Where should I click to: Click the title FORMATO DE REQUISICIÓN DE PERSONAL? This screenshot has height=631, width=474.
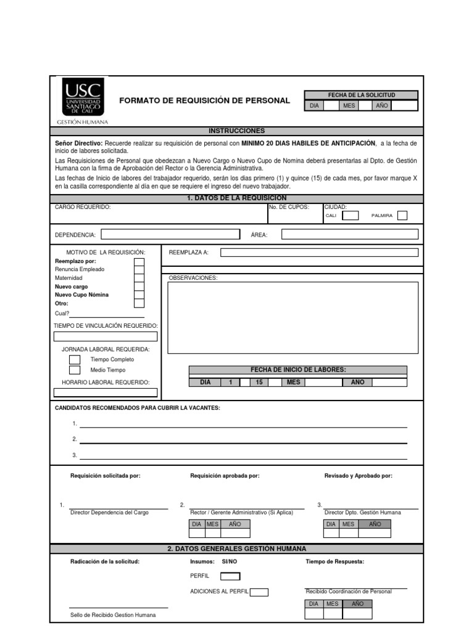pos(204,100)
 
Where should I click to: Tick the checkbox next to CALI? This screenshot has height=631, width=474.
pos(350,216)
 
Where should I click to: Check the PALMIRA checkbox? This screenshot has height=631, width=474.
pos(402,216)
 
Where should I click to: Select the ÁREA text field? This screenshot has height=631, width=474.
pos(349,234)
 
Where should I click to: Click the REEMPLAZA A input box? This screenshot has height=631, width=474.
pos(319,252)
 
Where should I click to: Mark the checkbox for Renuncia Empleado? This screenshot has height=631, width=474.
pos(139,270)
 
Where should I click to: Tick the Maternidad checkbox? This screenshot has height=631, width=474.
pos(139,278)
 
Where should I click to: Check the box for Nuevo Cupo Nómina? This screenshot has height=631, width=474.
pos(139,295)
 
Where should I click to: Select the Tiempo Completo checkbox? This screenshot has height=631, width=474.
pos(75,359)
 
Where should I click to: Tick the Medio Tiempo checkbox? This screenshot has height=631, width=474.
pos(75,370)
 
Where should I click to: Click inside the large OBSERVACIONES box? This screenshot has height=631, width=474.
pos(293,318)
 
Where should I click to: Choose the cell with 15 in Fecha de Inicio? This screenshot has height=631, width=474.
pos(259,382)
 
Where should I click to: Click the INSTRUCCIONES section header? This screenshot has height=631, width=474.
pos(236,131)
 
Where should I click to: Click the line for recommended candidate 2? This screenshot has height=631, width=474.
pos(243,441)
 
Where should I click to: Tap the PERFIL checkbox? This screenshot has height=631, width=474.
pos(230,576)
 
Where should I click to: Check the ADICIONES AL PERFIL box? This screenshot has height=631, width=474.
pos(259,592)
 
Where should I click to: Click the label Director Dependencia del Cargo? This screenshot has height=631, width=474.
pos(109,513)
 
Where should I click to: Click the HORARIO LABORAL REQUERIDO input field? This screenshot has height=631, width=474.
pos(106,393)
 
